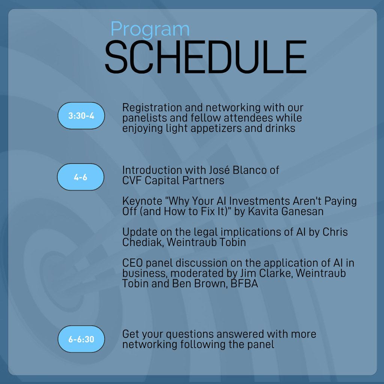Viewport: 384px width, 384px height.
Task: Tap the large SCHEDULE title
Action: tap(206, 57)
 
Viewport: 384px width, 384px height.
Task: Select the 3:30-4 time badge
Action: tap(81, 115)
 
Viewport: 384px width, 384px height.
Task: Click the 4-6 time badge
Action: tap(81, 177)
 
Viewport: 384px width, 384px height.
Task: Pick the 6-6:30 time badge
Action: tap(81, 339)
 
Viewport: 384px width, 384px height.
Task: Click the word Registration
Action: tap(152, 108)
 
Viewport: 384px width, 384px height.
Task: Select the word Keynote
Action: tap(142, 201)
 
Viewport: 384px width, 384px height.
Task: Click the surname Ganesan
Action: tap(303, 211)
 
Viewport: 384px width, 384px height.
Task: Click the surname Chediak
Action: tap(143, 243)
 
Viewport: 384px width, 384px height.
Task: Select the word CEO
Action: tap(132, 263)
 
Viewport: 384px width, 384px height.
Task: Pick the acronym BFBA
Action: tap(244, 283)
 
